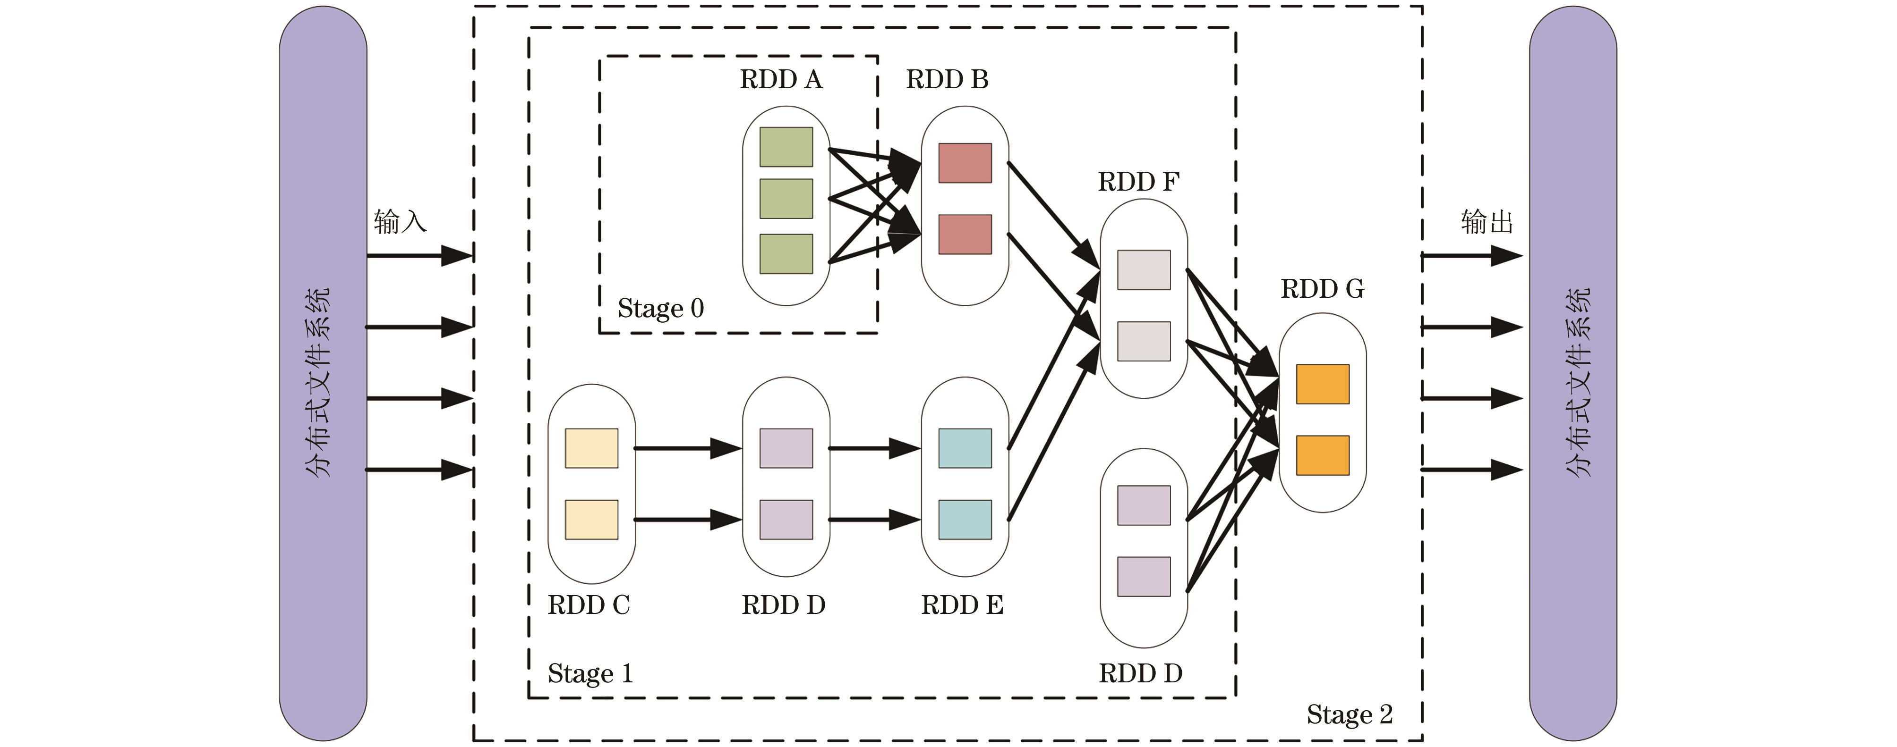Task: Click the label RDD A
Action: (781, 79)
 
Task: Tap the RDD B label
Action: (947, 79)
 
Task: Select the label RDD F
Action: (1138, 182)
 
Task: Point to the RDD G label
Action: (1323, 289)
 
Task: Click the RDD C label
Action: (589, 605)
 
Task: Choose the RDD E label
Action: (963, 605)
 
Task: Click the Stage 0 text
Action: (660, 308)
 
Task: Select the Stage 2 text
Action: (1350, 714)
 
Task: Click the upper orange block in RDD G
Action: (1323, 384)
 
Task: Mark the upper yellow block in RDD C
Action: (591, 448)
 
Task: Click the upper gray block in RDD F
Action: (1144, 270)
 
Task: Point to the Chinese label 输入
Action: (400, 221)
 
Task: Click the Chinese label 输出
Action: (1487, 221)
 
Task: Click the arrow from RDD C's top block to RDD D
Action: (688, 448)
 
